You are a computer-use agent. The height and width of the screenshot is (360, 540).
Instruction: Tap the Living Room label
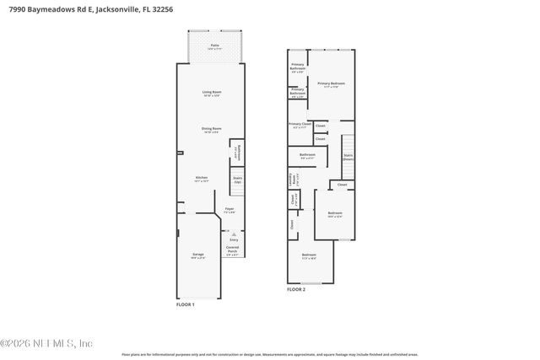(x=211, y=92)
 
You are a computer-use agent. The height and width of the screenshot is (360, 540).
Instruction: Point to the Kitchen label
(x=201, y=178)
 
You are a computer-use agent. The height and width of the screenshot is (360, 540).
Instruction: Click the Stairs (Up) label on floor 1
(x=237, y=180)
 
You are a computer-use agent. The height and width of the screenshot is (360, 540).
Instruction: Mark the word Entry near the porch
(x=234, y=239)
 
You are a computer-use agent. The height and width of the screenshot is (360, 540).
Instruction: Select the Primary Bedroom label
(x=331, y=83)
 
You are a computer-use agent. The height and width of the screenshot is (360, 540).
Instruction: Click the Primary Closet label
(x=300, y=125)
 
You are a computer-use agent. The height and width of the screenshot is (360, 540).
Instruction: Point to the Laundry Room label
(x=292, y=179)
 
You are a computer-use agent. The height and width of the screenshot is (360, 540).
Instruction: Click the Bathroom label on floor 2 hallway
(x=307, y=155)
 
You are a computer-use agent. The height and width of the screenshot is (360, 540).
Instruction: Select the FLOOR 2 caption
(x=295, y=289)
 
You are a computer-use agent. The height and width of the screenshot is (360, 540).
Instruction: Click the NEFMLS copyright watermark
(x=46, y=343)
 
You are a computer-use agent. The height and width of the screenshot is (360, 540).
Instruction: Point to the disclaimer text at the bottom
(x=269, y=354)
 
